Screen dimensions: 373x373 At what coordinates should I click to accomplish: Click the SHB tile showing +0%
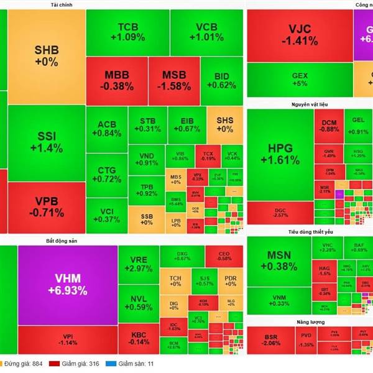coord(46,56)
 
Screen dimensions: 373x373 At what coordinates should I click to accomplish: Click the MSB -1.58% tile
coord(175,80)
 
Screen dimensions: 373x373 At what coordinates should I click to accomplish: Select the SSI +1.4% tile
coord(46,142)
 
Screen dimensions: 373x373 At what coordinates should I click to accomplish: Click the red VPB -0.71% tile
coord(46,206)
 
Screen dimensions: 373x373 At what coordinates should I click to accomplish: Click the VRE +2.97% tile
coord(138,264)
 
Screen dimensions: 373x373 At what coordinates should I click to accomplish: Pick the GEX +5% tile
coord(299,79)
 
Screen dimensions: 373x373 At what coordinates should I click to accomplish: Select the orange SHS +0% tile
coord(224,124)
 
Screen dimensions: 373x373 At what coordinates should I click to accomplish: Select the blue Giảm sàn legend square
coord(117,364)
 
